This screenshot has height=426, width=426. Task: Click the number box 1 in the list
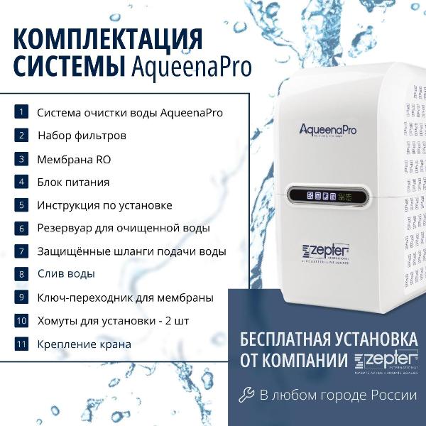pos(22,111)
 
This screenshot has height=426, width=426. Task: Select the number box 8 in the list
pos(22,273)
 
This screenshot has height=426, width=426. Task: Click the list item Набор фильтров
pos(82,135)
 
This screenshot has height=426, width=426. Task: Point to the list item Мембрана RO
pos(74,159)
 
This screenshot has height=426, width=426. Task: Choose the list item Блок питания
pos(73,182)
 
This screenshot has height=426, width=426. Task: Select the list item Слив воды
pos(66,274)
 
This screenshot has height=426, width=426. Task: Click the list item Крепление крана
pos(84,344)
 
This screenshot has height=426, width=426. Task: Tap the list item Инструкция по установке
pos(104,205)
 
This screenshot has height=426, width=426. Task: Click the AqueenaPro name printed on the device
pos(327,129)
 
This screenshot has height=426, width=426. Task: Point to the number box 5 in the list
pos(22,204)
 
